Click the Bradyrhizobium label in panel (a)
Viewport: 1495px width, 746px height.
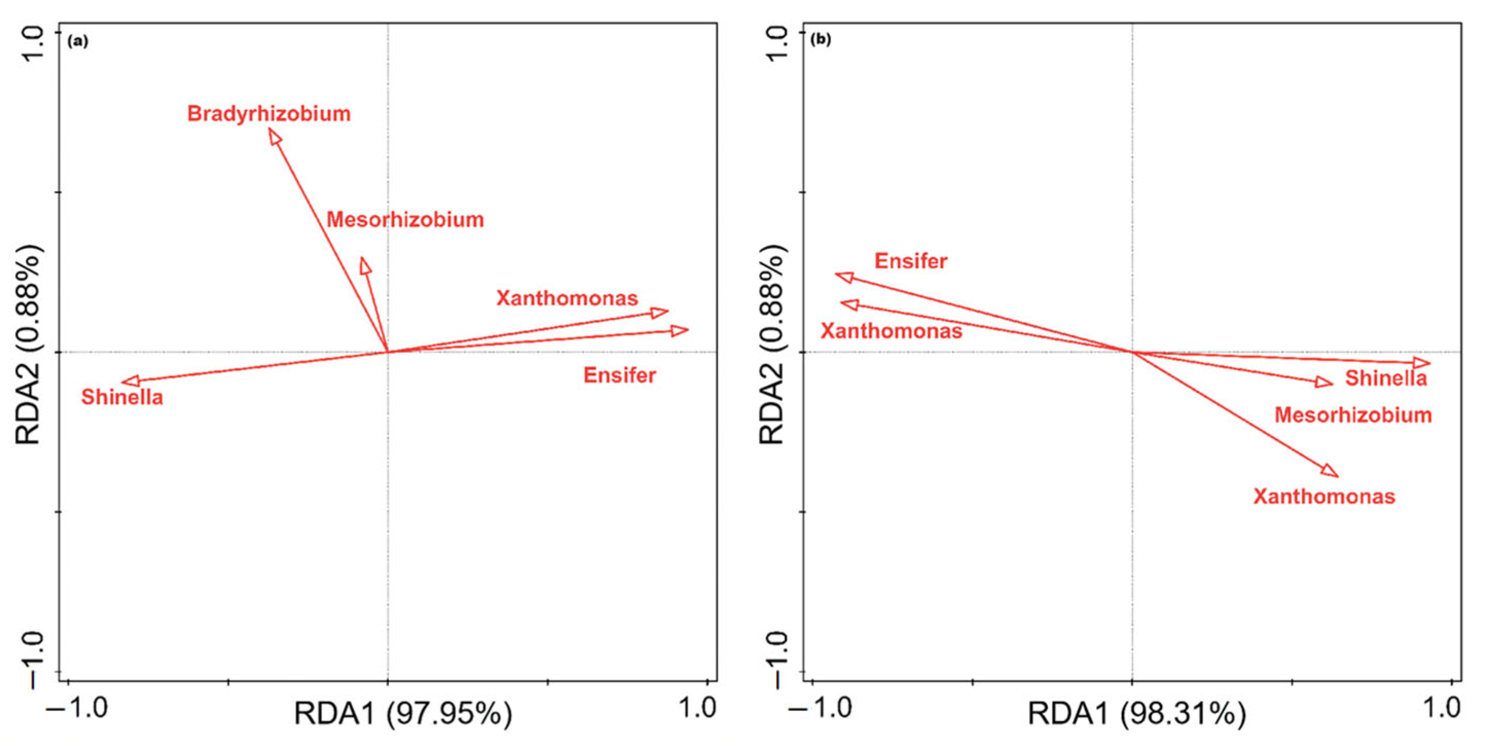point(269,114)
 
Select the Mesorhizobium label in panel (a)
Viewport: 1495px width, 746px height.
point(404,220)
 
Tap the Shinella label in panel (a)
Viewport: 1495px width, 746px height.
point(122,397)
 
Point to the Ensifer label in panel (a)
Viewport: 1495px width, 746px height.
point(619,376)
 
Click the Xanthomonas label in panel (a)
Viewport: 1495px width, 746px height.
point(566,298)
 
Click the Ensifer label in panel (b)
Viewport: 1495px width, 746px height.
point(911,261)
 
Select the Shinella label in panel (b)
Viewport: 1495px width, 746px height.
point(1386,378)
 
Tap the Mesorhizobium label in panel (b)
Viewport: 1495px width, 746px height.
point(1353,415)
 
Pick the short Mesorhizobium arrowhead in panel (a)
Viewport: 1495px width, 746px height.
point(364,265)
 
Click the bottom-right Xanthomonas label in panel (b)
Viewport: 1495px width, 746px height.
point(1324,496)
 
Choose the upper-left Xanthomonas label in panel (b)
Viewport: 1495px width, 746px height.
point(891,332)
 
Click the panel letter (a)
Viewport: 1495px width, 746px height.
point(78,42)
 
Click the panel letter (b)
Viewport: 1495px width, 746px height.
point(821,40)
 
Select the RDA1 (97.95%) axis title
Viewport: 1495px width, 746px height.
point(403,714)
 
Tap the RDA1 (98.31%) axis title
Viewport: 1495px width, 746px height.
point(1136,714)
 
